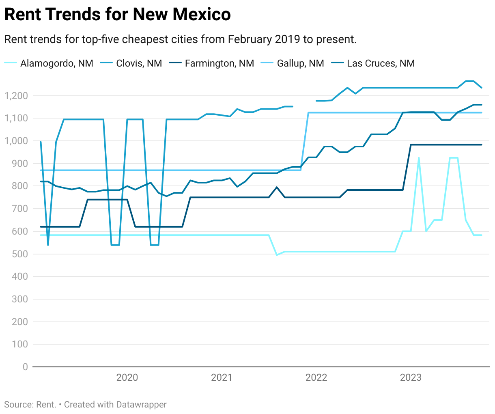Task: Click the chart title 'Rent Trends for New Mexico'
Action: [x=117, y=15]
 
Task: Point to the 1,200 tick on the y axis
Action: [x=16, y=96]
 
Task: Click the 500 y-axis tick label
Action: [x=21, y=254]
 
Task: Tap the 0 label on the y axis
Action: [x=25, y=367]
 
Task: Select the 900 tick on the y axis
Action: [x=21, y=164]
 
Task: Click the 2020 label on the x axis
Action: [x=127, y=377]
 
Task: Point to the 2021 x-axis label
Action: [x=222, y=377]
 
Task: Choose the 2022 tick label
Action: [x=316, y=377]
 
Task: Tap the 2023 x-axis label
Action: [x=411, y=377]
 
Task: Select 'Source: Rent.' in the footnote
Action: [x=30, y=405]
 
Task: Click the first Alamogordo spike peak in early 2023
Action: [x=419, y=158]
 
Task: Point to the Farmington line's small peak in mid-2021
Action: [x=277, y=188]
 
